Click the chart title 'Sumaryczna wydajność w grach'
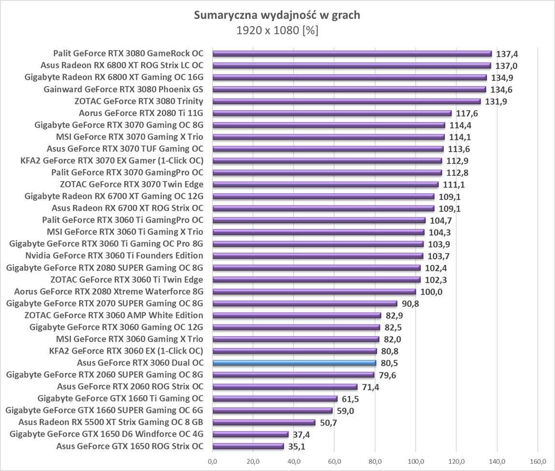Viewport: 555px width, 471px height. pyautogui.click(x=277, y=15)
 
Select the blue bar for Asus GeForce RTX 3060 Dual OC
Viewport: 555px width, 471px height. pyautogui.click(x=294, y=363)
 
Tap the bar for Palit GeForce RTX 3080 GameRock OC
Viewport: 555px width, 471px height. pyautogui.click(x=352, y=54)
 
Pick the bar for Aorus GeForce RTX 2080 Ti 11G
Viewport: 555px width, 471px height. pyautogui.click(x=331, y=113)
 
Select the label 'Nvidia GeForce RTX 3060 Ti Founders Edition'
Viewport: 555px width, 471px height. pyautogui.click(x=114, y=256)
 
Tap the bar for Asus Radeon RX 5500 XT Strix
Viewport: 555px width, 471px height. pyautogui.click(x=263, y=422)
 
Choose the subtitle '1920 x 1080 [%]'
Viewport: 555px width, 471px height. pyautogui.click(x=277, y=30)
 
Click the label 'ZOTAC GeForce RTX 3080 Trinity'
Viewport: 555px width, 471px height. pyautogui.click(x=139, y=101)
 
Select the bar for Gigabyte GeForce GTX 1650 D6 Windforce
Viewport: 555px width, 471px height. pyautogui.click(x=250, y=434)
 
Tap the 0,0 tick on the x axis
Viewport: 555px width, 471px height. pyautogui.click(x=212, y=461)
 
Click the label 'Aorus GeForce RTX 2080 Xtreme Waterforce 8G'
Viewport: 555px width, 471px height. pyautogui.click(x=109, y=291)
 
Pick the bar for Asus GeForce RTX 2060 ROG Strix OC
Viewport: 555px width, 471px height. pyautogui.click(x=285, y=386)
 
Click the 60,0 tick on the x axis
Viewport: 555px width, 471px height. pyautogui.click(x=334, y=461)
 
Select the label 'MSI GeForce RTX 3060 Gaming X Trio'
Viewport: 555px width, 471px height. pyautogui.click(x=129, y=339)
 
